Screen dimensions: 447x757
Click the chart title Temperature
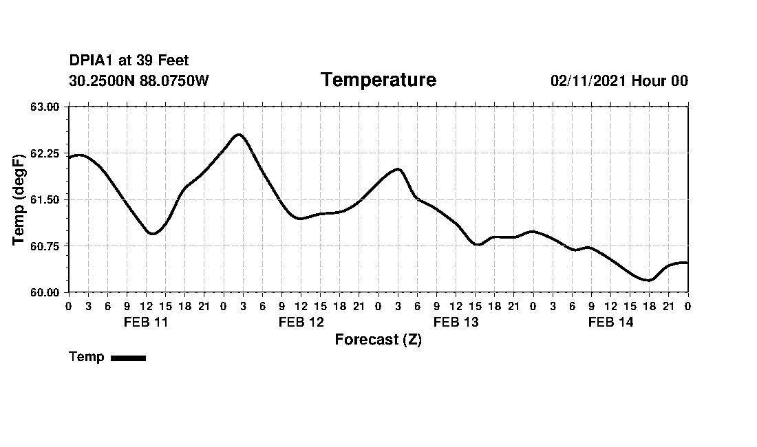378,80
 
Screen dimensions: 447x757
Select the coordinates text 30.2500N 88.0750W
138,80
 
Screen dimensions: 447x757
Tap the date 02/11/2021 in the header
588,80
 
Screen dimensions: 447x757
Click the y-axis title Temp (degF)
20,199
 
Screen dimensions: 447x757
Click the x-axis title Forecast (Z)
378,340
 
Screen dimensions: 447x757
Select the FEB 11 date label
146,322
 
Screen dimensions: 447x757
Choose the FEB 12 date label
301,322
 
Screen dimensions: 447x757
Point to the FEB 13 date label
456,322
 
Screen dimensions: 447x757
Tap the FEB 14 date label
610,322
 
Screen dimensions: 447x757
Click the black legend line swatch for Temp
128,358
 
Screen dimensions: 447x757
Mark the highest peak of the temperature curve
239,135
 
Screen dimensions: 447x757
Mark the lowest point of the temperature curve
648,280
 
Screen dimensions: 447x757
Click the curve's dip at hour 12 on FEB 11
152,233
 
